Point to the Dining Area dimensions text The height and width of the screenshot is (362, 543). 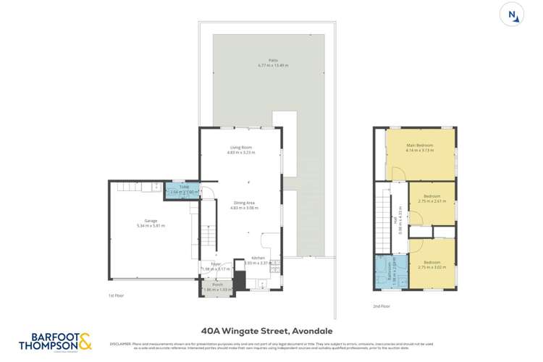pyautogui.click(x=244, y=208)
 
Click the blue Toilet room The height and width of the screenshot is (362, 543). pyautogui.click(x=178, y=192)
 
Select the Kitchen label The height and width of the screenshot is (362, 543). pyautogui.click(x=258, y=258)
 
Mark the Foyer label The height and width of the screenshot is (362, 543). pyautogui.click(x=216, y=264)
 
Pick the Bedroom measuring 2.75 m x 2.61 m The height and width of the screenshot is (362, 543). pyautogui.click(x=432, y=198)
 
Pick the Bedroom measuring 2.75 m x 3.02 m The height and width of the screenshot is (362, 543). pyautogui.click(x=432, y=264)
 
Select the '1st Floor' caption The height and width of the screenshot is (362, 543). pyautogui.click(x=117, y=295)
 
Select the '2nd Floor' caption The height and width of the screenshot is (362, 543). pyautogui.click(x=382, y=306)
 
